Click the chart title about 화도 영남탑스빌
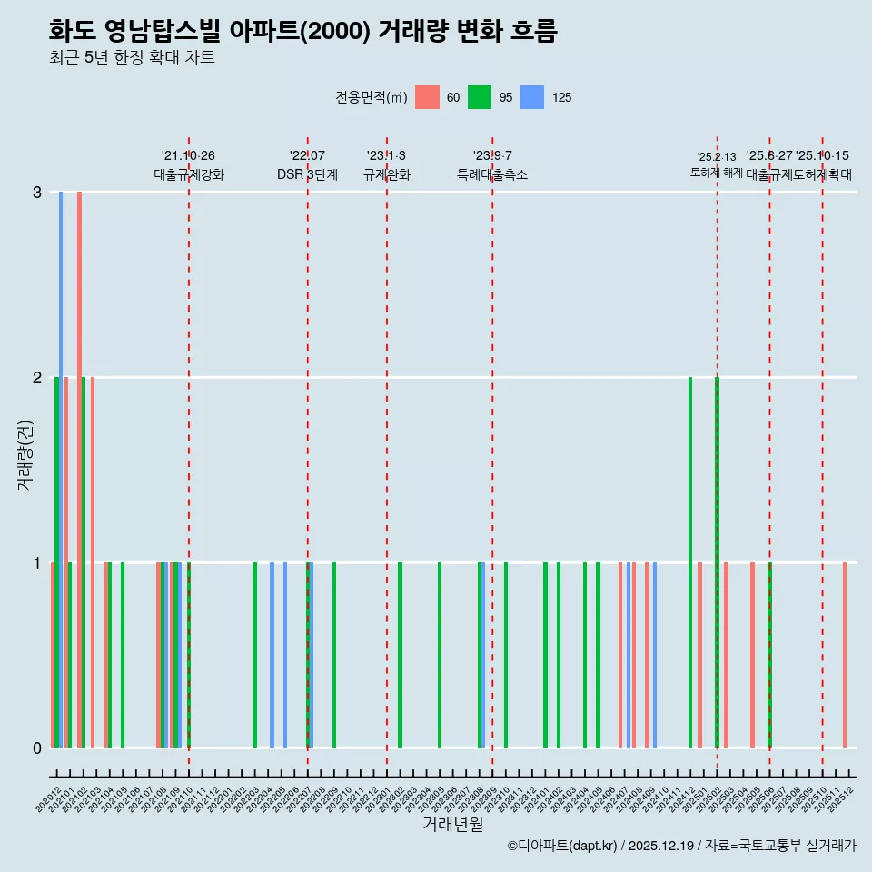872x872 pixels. tap(302, 31)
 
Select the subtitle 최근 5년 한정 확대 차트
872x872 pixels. tap(133, 58)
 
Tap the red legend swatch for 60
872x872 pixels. tap(427, 97)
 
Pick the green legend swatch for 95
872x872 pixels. tap(480, 97)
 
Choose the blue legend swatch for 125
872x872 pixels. tap(532, 97)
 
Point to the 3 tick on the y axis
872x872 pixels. tap(37, 193)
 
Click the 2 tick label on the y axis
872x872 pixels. tap(37, 378)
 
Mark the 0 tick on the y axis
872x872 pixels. tap(37, 748)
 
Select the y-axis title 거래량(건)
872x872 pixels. tap(25, 455)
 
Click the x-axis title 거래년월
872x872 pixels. tap(452, 824)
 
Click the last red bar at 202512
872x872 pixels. tap(845, 654)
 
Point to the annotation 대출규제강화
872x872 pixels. tap(189, 174)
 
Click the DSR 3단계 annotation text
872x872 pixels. tap(307, 174)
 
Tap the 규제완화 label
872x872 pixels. tap(387, 174)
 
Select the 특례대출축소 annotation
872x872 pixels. tap(492, 174)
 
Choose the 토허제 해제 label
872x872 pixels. tap(717, 173)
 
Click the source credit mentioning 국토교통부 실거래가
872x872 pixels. tap(681, 846)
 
